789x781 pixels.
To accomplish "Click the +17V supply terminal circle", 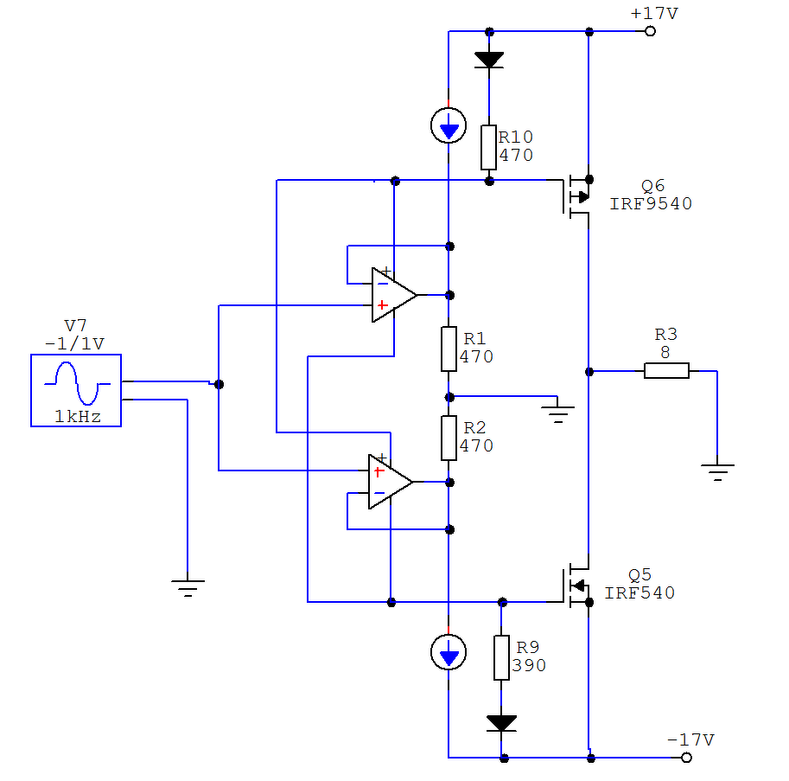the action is pos(650,31).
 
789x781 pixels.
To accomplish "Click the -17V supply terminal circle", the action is pos(686,758).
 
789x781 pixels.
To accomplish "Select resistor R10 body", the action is pos(488,148).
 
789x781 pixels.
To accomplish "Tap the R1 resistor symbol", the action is pos(449,349).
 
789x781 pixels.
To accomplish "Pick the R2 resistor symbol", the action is pos(449,439).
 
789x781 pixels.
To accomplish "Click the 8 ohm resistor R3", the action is pos(667,371).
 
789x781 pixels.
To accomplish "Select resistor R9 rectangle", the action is pos(501,657).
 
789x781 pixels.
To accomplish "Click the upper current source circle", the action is pos(449,125).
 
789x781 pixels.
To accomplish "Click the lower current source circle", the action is pos(449,652).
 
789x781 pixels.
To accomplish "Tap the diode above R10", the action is pos(489,60).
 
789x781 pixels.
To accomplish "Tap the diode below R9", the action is pos(502,723).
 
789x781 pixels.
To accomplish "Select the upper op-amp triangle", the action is pos(394,295).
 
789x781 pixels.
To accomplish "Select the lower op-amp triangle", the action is pos(391,482).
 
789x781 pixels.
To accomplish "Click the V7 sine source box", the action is pos(76,390).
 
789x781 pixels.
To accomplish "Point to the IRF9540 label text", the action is pos(651,203).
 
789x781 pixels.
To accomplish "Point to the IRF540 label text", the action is pos(639,592).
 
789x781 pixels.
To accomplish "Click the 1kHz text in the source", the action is pos(78,416).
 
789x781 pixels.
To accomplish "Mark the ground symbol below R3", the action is pos(717,472).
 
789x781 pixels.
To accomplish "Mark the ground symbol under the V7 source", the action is pos(188,587).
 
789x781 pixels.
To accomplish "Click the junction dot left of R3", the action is pos(589,372).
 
